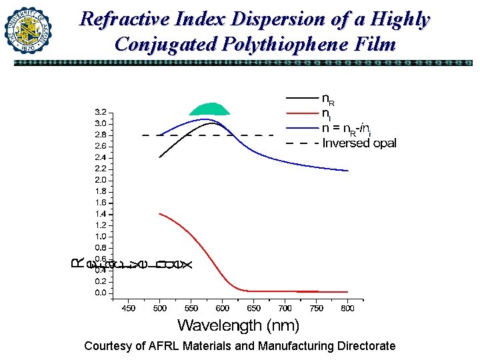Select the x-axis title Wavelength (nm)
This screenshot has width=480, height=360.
click(x=238, y=325)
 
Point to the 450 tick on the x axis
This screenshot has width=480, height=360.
click(x=128, y=308)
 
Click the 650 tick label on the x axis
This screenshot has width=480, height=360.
click(x=254, y=308)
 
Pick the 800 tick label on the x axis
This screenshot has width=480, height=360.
click(x=348, y=308)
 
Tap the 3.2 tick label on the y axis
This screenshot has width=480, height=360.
click(x=99, y=112)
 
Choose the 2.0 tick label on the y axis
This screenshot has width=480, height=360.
click(x=99, y=180)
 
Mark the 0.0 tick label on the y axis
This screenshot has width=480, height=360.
click(x=99, y=293)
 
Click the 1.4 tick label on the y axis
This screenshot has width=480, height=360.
click(x=99, y=214)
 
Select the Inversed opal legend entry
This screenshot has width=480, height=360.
click(x=359, y=143)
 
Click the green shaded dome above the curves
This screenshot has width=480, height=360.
click(x=209, y=110)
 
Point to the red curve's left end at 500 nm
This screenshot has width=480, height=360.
click(x=160, y=214)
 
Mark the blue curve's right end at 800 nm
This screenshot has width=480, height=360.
click(x=348, y=171)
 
